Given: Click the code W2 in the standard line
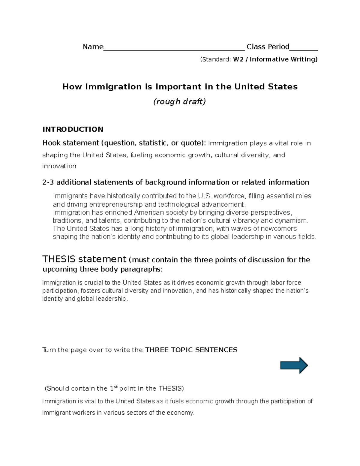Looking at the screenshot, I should (x=238, y=59).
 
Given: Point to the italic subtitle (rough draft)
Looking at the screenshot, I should (x=179, y=102).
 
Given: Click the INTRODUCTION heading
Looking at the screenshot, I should (x=73, y=129).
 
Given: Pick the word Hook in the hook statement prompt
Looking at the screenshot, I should (x=51, y=143).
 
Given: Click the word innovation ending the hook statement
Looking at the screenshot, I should (x=59, y=166).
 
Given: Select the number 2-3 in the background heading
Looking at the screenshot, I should (x=48, y=182).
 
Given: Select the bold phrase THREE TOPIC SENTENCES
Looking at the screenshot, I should (x=191, y=350).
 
